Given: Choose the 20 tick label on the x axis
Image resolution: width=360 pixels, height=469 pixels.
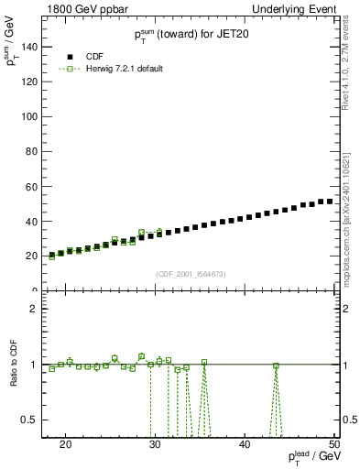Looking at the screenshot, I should point(65,443).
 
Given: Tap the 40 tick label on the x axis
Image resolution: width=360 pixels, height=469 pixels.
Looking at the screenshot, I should point(245,443).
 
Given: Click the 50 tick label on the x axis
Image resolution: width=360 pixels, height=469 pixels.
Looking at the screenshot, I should point(333,443).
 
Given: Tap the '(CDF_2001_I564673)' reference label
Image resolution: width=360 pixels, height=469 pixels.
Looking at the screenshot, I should point(190,274).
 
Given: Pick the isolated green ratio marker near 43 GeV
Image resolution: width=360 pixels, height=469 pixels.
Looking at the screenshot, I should point(276,365).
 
